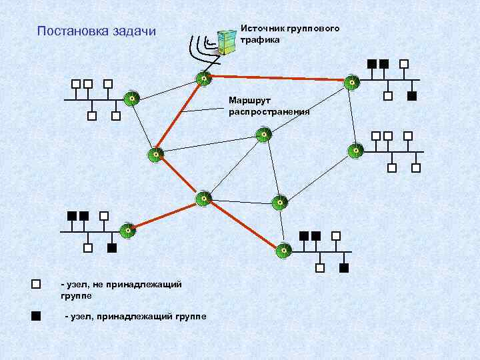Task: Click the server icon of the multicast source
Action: (228, 41)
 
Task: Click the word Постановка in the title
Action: (69, 31)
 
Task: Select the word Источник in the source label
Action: (263, 29)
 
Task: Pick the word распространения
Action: (269, 111)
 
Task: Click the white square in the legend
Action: (36, 285)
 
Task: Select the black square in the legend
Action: (36, 315)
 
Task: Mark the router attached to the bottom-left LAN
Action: (127, 231)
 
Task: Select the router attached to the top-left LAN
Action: (132, 99)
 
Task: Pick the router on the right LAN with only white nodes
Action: (357, 151)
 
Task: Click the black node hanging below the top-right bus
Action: (411, 96)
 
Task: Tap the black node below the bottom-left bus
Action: (112, 249)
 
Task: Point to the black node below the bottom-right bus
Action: (344, 268)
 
